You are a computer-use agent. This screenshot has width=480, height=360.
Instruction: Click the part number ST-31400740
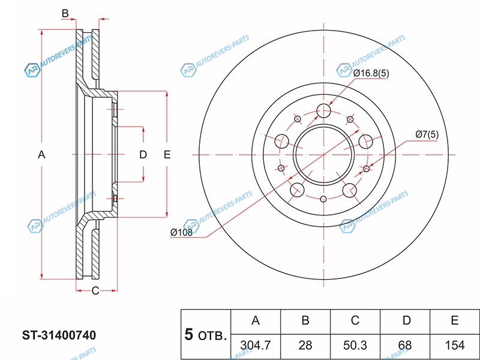[x=59, y=334]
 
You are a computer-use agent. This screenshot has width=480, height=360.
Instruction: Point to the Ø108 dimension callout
[x=181, y=233]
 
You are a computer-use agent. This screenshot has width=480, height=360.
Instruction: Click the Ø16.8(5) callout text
[x=371, y=73]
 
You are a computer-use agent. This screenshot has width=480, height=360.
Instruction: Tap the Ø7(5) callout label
[x=427, y=134]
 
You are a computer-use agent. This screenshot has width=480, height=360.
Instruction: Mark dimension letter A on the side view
[x=41, y=155]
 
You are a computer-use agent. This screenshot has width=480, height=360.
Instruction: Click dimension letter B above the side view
[x=65, y=13]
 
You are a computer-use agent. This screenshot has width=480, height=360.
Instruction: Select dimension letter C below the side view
[x=95, y=292]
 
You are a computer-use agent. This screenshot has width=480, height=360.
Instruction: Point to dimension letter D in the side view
[x=143, y=155]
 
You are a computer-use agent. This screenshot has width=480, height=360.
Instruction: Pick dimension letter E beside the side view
[x=167, y=155]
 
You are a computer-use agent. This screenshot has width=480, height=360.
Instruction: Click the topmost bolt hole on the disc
[x=325, y=110]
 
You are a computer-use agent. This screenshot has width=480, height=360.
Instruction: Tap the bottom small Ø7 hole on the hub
[x=323, y=199]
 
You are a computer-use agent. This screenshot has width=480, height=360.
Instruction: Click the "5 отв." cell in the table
[x=205, y=334]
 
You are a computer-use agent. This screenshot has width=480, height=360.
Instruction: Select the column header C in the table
[x=355, y=321]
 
